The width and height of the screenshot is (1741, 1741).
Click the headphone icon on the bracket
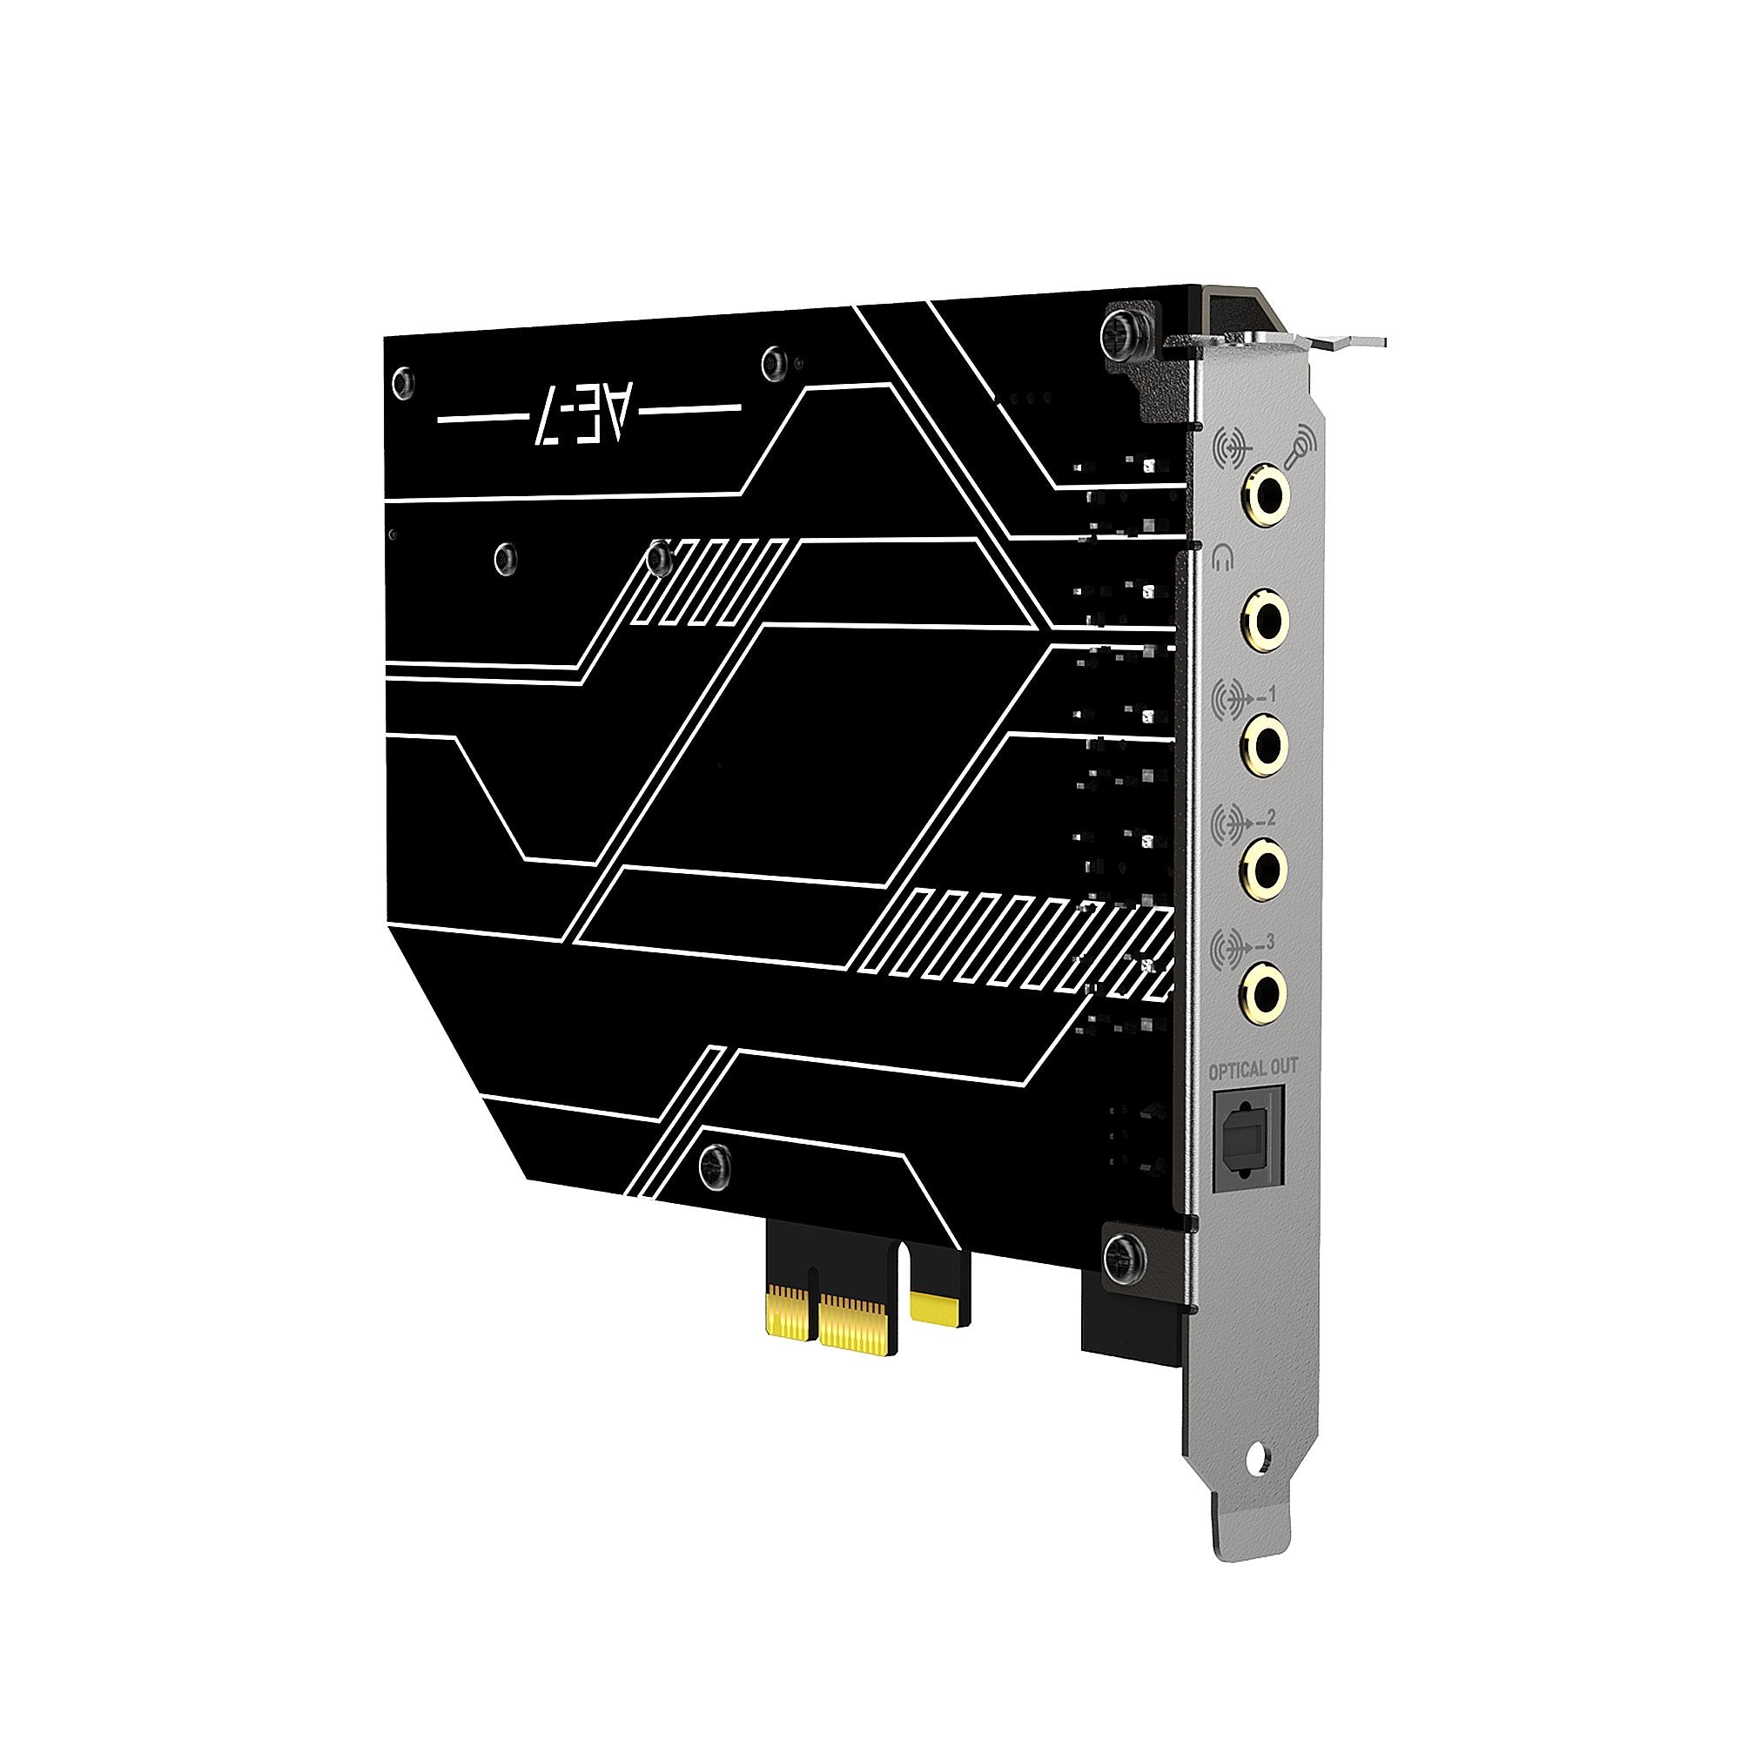pyautogui.click(x=1222, y=560)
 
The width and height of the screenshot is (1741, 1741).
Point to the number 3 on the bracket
pyautogui.click(x=1270, y=943)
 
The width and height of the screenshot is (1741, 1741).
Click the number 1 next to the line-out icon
pyautogui.click(x=1272, y=694)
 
